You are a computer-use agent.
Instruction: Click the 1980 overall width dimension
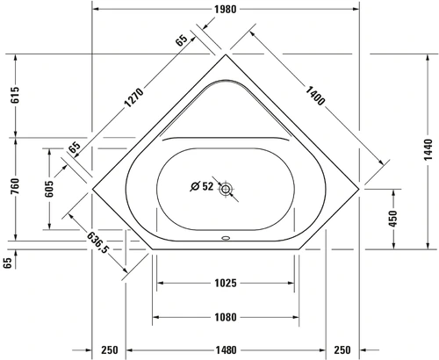pyautogui.click(x=225, y=10)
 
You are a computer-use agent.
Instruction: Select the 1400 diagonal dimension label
pyautogui.click(x=315, y=96)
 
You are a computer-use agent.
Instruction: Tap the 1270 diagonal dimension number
pyautogui.click(x=134, y=97)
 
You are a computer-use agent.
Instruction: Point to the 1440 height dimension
pyautogui.click(x=428, y=149)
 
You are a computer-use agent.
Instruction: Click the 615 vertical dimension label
pyautogui.click(x=16, y=95)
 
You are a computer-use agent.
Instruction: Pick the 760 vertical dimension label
pyautogui.click(x=16, y=186)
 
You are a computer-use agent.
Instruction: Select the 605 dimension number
pyautogui.click(x=49, y=189)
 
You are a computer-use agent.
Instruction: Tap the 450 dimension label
pyautogui.click(x=393, y=219)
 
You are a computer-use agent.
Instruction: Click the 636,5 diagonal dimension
pyautogui.click(x=98, y=241)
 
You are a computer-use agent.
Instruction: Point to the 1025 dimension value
pyautogui.click(x=226, y=283)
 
